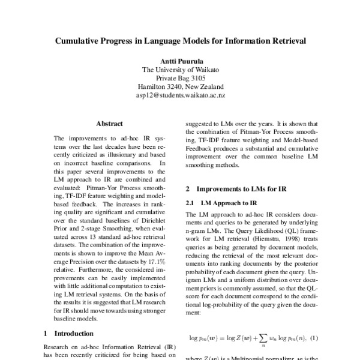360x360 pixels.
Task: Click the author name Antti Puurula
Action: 180,61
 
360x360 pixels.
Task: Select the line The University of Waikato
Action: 180,70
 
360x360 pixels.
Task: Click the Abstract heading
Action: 109,123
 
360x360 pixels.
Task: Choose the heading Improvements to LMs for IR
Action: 240,188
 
